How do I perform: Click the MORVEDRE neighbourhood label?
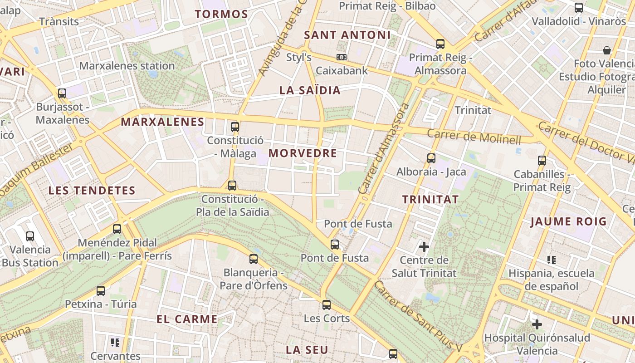[303, 153]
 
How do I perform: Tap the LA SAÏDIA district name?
[310, 90]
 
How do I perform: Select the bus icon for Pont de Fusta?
[335, 245]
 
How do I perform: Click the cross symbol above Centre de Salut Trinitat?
[424, 247]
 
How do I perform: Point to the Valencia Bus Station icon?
[30, 236]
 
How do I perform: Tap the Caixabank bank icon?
[342, 57]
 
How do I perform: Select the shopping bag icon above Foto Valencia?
[607, 50]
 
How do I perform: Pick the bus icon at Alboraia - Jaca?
[431, 158]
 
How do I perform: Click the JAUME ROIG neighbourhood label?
[568, 221]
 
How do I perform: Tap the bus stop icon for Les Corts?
[327, 304]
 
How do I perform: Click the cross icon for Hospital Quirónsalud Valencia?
[537, 324]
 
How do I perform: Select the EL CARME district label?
[187, 319]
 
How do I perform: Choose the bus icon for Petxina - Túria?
[101, 290]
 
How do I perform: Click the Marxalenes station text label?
[127, 66]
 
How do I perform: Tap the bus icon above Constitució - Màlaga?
[235, 127]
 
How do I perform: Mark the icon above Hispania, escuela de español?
[552, 260]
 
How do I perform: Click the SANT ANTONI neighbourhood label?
[347, 35]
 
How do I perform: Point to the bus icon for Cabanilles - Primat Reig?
[542, 160]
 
